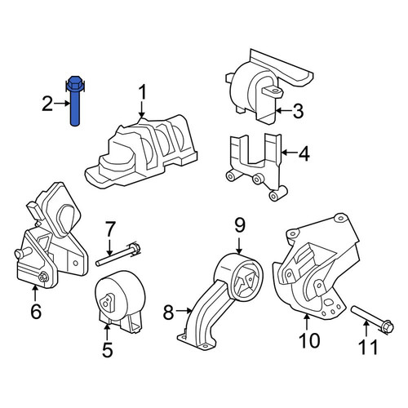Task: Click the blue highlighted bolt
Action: click(x=74, y=101)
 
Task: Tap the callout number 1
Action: click(x=143, y=93)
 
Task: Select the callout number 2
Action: click(x=47, y=104)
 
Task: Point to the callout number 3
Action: click(x=298, y=111)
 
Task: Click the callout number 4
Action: click(x=304, y=153)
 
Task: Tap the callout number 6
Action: click(x=36, y=311)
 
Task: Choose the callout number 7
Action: click(x=109, y=230)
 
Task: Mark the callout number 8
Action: click(x=169, y=312)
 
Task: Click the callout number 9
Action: click(x=239, y=224)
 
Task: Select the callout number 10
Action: click(x=310, y=340)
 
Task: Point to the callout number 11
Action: click(x=368, y=346)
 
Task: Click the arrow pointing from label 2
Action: click(x=62, y=104)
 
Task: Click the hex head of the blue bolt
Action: click(x=74, y=84)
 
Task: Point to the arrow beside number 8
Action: click(x=184, y=310)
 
